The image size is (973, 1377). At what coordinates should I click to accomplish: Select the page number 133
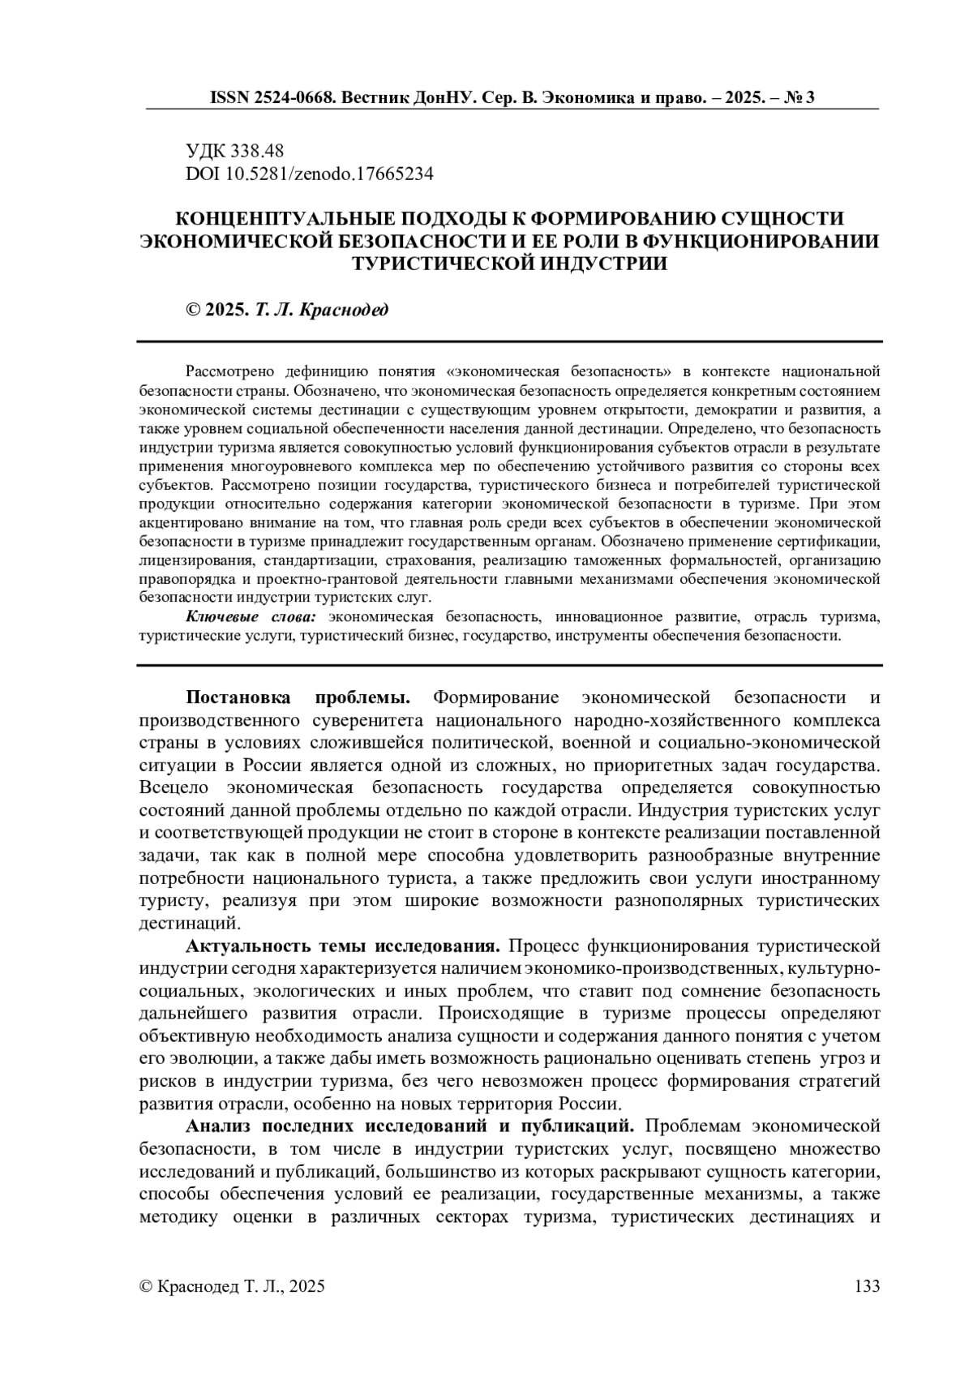click(x=867, y=1286)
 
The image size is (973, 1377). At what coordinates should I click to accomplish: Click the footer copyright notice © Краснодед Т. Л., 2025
click(x=233, y=1286)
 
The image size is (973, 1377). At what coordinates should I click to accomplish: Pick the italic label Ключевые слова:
click(x=252, y=618)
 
